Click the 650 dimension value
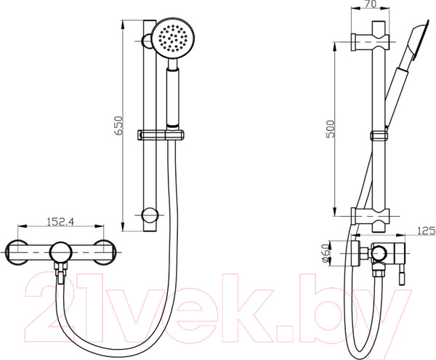pyautogui.click(x=118, y=126)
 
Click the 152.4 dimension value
pyautogui.click(x=60, y=222)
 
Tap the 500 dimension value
pyautogui.click(x=331, y=129)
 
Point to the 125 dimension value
pyautogui.click(x=427, y=231)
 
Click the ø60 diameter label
pyautogui.click(x=326, y=253)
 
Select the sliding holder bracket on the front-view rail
pyautogui.click(x=161, y=135)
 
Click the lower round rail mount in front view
pyautogui.click(x=150, y=215)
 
